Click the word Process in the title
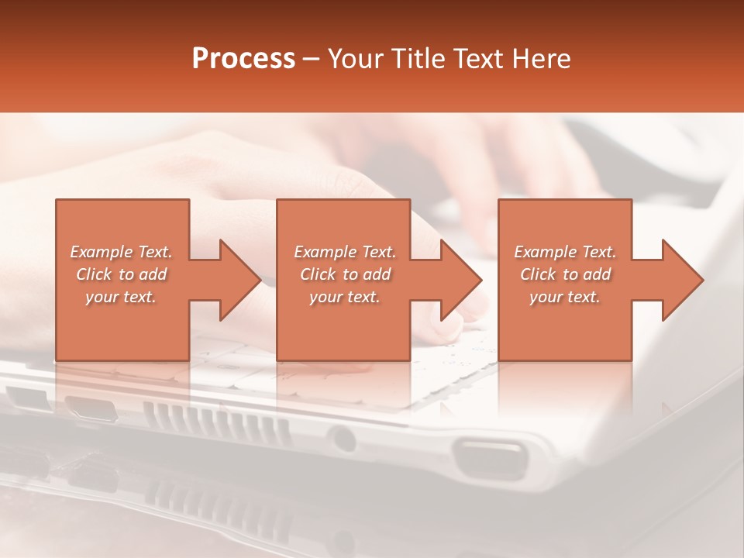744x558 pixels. pos(243,59)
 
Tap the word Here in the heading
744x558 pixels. pos(542,59)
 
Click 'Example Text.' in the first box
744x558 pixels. pos(121,252)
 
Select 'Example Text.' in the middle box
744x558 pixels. pos(345,252)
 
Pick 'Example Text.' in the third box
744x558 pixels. pos(565,252)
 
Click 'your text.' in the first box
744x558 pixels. pos(121,297)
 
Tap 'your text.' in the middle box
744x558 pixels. pos(345,297)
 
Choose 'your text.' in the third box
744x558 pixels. pos(565,297)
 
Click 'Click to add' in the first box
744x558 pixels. pos(121,274)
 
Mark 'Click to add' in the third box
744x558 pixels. pos(565,274)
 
